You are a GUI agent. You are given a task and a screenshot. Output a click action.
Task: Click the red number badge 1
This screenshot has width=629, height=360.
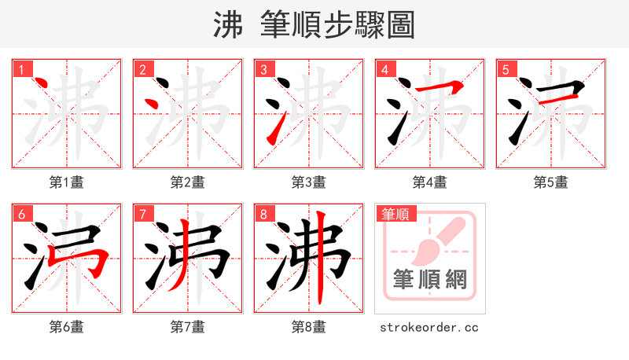click(x=21, y=69)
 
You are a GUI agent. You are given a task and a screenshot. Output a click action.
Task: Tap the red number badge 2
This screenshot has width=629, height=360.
click(x=142, y=69)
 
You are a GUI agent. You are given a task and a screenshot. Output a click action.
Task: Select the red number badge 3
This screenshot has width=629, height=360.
click(x=263, y=69)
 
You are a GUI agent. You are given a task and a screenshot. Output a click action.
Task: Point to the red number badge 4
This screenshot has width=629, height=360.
click(x=384, y=69)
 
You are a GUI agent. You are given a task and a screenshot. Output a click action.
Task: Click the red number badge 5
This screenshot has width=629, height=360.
click(x=506, y=69)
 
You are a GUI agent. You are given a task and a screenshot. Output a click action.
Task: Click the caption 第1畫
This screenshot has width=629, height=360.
click(x=67, y=182)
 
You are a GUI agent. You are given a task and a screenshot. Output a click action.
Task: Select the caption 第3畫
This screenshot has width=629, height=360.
click(x=309, y=182)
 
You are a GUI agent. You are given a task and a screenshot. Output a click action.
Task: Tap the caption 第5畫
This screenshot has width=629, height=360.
click(x=551, y=182)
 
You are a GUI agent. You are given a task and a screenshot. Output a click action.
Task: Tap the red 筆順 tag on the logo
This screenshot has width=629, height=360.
click(x=397, y=214)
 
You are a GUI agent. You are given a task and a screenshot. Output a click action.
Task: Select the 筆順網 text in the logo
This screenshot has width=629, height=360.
click(x=429, y=280)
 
